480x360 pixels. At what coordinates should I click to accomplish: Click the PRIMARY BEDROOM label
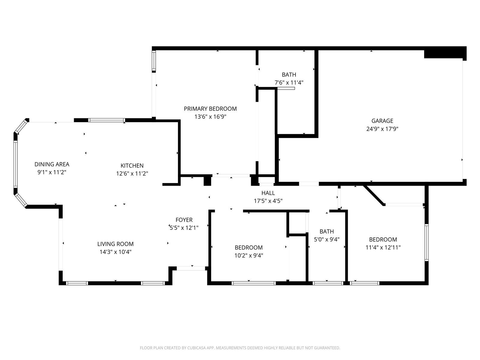[210, 109]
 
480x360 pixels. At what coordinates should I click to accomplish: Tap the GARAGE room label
[382, 121]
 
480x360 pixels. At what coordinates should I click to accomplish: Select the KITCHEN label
[132, 166]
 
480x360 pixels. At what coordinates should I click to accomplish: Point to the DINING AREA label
[52, 164]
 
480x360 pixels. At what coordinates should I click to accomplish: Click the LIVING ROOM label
[115, 244]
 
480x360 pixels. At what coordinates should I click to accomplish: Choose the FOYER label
[184, 220]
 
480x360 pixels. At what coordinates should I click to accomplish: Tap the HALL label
[268, 193]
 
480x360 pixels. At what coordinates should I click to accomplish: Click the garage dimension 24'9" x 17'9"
[382, 129]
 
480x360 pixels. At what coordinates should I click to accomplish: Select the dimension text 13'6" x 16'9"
[210, 117]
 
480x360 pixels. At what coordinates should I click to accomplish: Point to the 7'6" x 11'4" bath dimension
[289, 82]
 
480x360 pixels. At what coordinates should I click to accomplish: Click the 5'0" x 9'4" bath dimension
[327, 239]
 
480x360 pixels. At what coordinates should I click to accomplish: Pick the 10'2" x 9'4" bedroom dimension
[249, 256]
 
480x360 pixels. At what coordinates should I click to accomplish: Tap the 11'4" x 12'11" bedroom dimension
[383, 247]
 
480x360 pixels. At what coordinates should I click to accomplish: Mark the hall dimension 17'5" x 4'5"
[268, 201]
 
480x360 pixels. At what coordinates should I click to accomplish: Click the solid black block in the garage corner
[445, 54]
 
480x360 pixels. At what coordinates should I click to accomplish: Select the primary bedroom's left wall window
[154, 61]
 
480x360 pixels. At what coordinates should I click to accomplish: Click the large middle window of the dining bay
[16, 164]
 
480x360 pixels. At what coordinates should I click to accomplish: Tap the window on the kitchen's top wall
[106, 120]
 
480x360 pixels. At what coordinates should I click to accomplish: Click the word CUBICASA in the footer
[196, 348]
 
